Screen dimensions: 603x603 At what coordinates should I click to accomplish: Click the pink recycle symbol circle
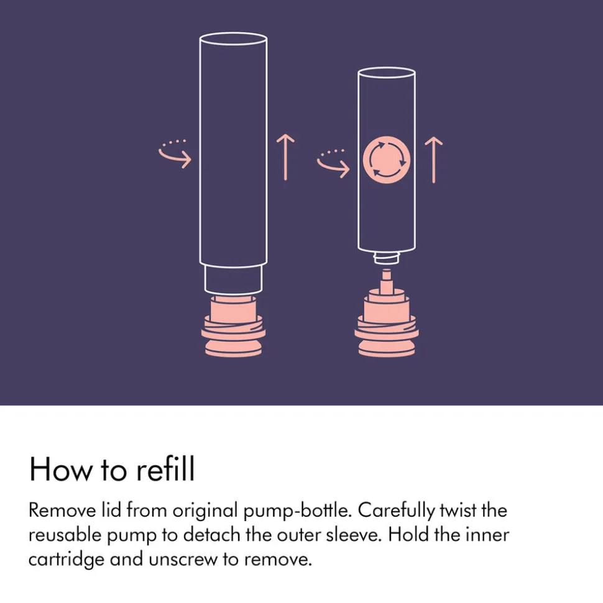pos(386,160)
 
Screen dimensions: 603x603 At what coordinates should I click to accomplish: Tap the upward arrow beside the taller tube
pos(285,157)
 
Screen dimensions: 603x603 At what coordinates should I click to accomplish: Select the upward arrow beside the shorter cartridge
pos(433,160)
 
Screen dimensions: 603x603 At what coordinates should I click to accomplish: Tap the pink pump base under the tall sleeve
pos(233,326)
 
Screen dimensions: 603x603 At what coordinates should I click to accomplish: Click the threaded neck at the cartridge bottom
pos(386,258)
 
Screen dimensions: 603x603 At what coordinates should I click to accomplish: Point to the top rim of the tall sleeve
pos(233,39)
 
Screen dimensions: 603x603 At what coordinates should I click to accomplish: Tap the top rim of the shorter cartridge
pos(387,73)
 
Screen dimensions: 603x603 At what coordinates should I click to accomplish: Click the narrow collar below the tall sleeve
pos(233,279)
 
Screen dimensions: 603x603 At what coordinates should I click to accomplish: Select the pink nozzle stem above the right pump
pos(387,281)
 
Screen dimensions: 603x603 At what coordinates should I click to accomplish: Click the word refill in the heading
pos(166,469)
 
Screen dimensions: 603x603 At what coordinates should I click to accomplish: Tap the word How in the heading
pos(61,469)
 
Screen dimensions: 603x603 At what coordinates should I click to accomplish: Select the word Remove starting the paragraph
pos(62,510)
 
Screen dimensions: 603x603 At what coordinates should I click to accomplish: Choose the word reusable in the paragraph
pos(65,535)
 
